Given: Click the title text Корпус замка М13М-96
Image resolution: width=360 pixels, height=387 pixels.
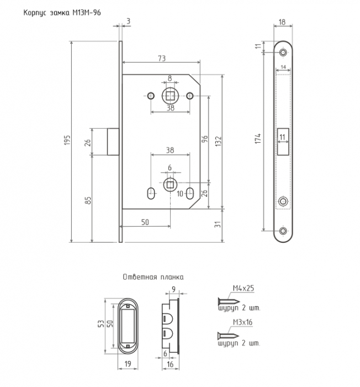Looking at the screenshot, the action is coord(62,13).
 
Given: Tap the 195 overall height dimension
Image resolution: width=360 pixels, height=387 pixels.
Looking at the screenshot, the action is coord(67,140).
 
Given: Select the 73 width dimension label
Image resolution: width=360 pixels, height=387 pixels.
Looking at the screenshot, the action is coord(162,58).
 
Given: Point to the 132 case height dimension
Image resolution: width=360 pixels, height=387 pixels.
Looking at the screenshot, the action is coord(219,141).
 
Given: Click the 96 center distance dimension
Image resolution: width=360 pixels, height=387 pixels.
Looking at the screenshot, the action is coord(205,139).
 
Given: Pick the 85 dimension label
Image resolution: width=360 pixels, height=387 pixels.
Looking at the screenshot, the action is coord(88,200).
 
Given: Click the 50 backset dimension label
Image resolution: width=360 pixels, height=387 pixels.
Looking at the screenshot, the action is coord(145,222).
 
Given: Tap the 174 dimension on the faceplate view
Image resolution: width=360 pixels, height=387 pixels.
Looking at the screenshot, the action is coord(258,139).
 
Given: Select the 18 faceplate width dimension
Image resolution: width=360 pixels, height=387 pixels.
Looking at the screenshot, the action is coord(282,22).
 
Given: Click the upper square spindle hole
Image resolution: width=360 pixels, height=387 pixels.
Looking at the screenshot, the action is coord(170,96).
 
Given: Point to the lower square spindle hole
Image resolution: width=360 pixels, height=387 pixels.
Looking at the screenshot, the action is coord(170,184).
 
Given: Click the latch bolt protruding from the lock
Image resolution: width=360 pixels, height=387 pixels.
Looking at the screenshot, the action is coord(113,142).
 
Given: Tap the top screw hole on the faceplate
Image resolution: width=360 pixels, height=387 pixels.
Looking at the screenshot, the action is coord(283,53).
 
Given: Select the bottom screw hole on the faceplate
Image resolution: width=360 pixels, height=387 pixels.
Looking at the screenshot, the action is coord(283,231).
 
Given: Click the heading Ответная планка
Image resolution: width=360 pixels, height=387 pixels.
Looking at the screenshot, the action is coord(153,277).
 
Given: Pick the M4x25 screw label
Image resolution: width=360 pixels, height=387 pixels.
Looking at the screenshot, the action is coord(243,288).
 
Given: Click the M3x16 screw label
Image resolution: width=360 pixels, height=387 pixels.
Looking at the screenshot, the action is coord(242,322).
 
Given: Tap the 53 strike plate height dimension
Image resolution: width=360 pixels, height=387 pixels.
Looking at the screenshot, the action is coord(101,324).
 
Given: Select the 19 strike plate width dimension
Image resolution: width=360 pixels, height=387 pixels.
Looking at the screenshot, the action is coord(128,364).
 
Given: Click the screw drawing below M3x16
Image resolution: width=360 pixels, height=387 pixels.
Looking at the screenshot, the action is coord(228,336).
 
